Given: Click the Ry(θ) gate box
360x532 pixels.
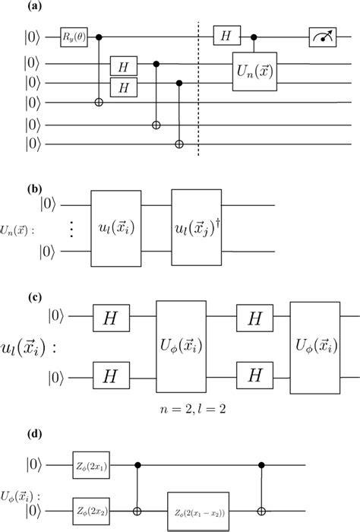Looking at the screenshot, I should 76,36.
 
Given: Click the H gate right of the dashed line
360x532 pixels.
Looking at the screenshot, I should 226,36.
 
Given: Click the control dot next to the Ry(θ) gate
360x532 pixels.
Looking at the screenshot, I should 99,36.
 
